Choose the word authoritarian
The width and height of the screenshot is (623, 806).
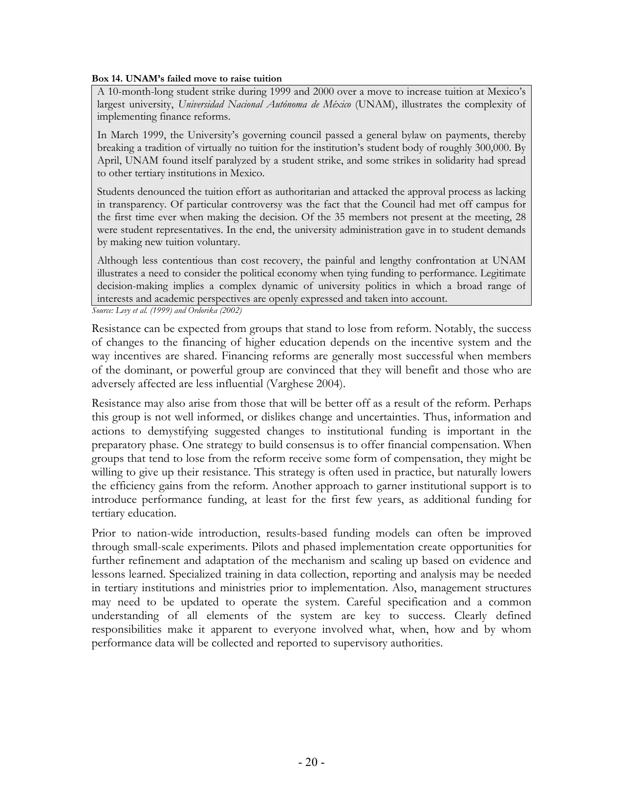click(292, 192)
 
